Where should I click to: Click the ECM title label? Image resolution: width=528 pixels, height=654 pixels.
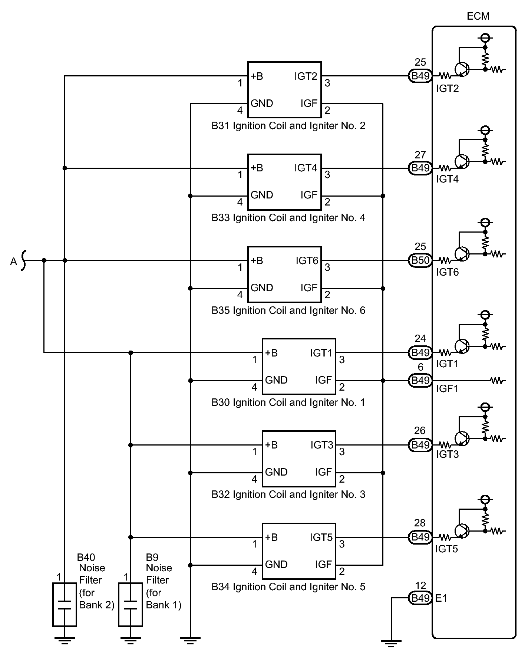pyautogui.click(x=478, y=16)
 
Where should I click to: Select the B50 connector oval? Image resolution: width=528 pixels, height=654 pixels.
pyautogui.click(x=420, y=260)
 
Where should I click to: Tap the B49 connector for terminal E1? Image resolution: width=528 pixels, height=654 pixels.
pyautogui.click(x=420, y=598)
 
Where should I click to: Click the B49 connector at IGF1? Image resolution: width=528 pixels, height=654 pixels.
pyautogui.click(x=420, y=380)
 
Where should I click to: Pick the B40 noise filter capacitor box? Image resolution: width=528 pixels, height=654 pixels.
pyautogui.click(x=65, y=604)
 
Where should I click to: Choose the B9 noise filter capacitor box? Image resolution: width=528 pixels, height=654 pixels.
pyautogui.click(x=130, y=604)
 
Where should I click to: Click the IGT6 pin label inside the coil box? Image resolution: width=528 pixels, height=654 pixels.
pyautogui.click(x=307, y=261)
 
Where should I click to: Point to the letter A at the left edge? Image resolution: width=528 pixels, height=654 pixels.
pyautogui.click(x=14, y=262)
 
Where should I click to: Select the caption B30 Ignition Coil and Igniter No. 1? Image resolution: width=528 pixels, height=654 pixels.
pyautogui.click(x=288, y=402)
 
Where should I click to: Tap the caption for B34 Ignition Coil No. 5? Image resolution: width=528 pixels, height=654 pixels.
pyautogui.click(x=288, y=586)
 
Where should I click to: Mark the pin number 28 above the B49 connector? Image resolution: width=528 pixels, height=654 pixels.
pyautogui.click(x=420, y=523)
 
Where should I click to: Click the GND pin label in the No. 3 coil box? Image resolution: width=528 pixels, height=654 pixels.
pyautogui.click(x=276, y=472)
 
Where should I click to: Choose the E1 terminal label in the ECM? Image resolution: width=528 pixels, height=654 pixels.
pyautogui.click(x=442, y=598)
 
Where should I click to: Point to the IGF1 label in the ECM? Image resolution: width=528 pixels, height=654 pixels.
pyautogui.click(x=447, y=388)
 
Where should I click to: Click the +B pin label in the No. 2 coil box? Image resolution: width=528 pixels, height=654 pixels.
pyautogui.click(x=257, y=76)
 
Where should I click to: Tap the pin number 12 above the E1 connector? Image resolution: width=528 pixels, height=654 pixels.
pyautogui.click(x=420, y=585)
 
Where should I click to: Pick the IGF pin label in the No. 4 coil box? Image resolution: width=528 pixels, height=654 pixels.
pyautogui.click(x=309, y=195)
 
